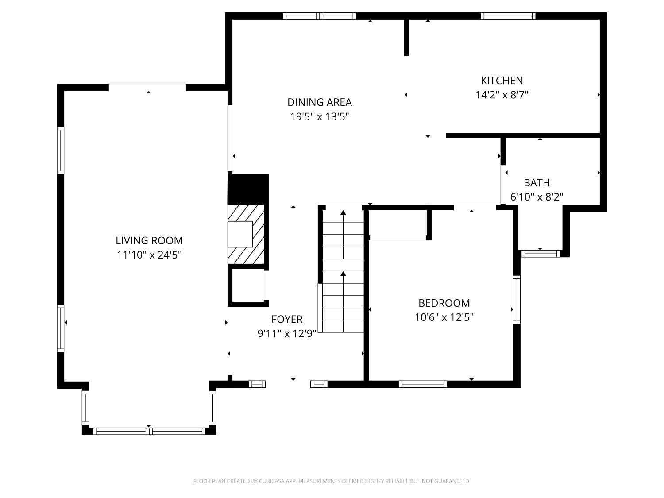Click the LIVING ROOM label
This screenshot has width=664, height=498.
coord(149,240)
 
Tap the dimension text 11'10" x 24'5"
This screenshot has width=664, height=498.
coord(149,255)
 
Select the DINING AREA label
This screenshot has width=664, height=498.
coord(319,102)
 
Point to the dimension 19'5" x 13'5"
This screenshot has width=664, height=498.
coord(320,117)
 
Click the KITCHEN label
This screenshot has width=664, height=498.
coord(502,81)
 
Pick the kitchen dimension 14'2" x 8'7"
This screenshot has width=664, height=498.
coord(502,95)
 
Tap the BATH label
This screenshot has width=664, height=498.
coord(537,182)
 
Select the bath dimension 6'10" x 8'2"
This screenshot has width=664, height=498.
coord(537,197)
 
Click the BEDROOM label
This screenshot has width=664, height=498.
coord(444,303)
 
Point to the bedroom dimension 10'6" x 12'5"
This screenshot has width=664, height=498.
coord(444,317)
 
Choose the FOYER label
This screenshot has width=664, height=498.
coord(287,319)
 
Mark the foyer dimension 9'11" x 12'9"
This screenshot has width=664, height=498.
coord(287,334)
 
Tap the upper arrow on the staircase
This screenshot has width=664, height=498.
coord(343,213)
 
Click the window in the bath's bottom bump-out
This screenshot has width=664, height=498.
coord(540,254)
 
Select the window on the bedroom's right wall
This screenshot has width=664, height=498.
coord(517,300)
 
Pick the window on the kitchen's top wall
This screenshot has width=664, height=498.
coord(508,16)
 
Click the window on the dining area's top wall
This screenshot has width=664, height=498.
coord(319,16)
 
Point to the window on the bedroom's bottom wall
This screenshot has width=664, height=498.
coord(423,384)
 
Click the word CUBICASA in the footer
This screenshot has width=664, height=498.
coord(271,481)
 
